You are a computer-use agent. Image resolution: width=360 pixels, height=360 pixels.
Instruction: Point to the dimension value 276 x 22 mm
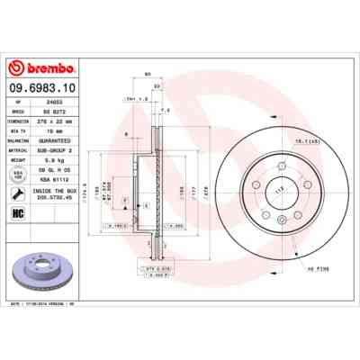[x=70, y=120]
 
